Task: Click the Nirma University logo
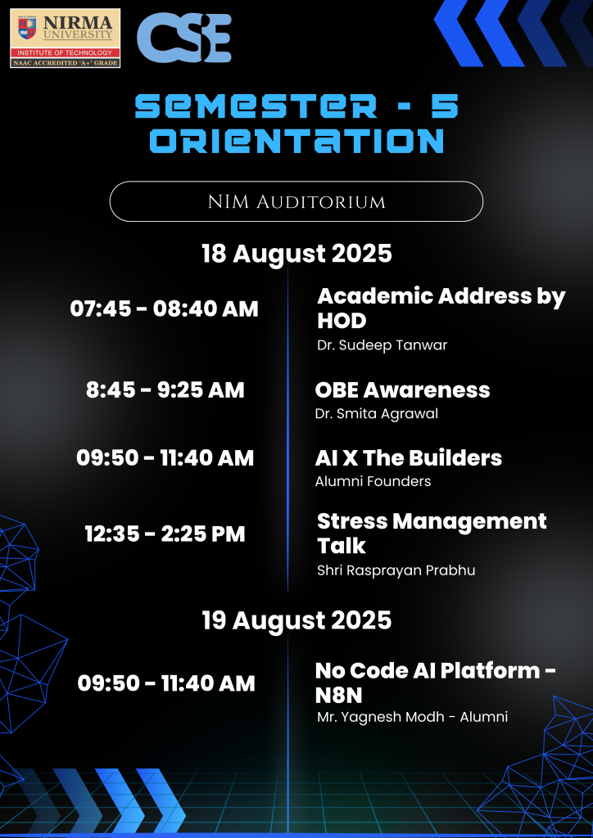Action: click(x=66, y=38)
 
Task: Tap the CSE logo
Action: click(x=184, y=38)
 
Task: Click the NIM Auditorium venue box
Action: click(x=296, y=201)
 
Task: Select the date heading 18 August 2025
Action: click(x=296, y=254)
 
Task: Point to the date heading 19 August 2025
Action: click(x=296, y=620)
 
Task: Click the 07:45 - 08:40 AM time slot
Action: click(x=164, y=309)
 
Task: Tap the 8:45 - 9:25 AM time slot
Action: click(x=165, y=390)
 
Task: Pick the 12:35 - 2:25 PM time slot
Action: click(x=165, y=534)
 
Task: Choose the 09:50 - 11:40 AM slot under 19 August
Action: click(x=166, y=683)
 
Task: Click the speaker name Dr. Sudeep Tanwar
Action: click(x=383, y=345)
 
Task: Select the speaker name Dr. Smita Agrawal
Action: click(x=377, y=413)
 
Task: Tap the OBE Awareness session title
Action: click(x=402, y=390)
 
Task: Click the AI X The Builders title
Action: click(x=409, y=458)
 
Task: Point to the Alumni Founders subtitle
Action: click(x=373, y=481)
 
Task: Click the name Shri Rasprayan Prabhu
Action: click(x=396, y=570)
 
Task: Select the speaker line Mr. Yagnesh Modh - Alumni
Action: click(x=412, y=717)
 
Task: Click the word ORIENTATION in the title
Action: click(x=296, y=141)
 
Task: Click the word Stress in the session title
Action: click(x=352, y=521)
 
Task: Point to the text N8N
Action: click(x=338, y=696)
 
